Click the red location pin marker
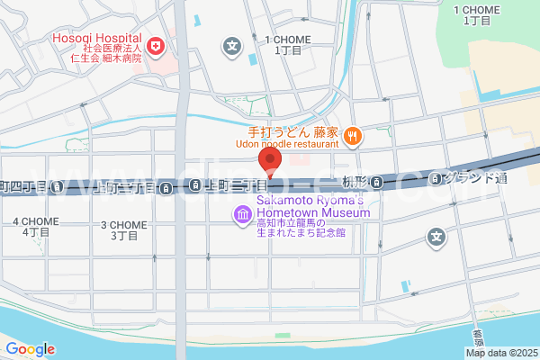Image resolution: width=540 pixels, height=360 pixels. (270, 159)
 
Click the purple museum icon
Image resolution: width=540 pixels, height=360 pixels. (243, 214)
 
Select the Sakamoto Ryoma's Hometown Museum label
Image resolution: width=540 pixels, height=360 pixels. (310, 206)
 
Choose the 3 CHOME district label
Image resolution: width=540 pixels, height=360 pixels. (123, 230)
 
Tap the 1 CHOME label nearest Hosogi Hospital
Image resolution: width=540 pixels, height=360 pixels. (287, 46)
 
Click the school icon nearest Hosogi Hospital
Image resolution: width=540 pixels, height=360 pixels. (233, 45)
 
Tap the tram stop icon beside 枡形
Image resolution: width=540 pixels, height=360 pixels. (381, 183)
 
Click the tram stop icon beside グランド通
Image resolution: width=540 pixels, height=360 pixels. (436, 177)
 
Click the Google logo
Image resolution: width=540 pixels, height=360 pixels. (30, 348)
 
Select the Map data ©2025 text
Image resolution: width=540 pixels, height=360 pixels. (500, 352)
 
